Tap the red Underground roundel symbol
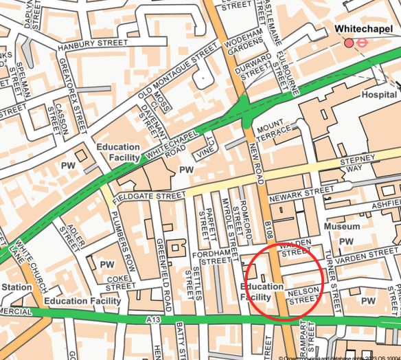point(364,43)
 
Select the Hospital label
point(379,94)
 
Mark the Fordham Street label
point(211,256)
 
